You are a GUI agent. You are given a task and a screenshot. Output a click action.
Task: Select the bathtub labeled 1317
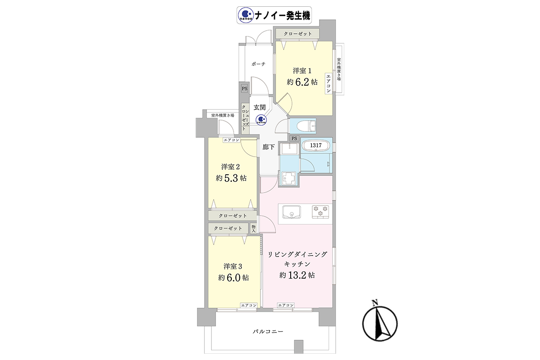[316, 145]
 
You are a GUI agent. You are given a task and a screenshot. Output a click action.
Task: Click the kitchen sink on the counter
[292, 211]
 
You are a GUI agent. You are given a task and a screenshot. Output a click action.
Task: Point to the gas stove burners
[320, 211]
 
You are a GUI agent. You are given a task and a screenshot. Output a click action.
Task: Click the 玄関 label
[259, 107]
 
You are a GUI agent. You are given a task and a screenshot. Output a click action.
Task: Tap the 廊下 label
[268, 147]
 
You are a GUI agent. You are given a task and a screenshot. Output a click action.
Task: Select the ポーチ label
[258, 64]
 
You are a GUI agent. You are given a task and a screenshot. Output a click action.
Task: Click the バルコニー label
[268, 332]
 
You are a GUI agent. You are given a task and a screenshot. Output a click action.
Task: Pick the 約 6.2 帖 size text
[302, 82]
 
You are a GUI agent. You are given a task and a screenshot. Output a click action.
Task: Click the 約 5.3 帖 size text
[231, 178]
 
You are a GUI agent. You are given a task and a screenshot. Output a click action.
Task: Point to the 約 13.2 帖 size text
[297, 275]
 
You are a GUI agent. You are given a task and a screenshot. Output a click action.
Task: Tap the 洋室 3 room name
[233, 266]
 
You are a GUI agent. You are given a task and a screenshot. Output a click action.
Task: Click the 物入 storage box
[253, 228]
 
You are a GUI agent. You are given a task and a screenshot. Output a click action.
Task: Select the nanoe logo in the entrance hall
[261, 120]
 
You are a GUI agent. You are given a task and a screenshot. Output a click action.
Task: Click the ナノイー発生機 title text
[282, 16]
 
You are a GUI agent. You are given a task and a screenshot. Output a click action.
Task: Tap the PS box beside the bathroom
[294, 139]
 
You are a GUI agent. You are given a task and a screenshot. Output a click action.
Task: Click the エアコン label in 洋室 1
[328, 83]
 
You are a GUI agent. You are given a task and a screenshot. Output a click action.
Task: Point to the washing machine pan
[288, 179]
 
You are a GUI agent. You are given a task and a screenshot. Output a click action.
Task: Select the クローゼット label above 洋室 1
[297, 34]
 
